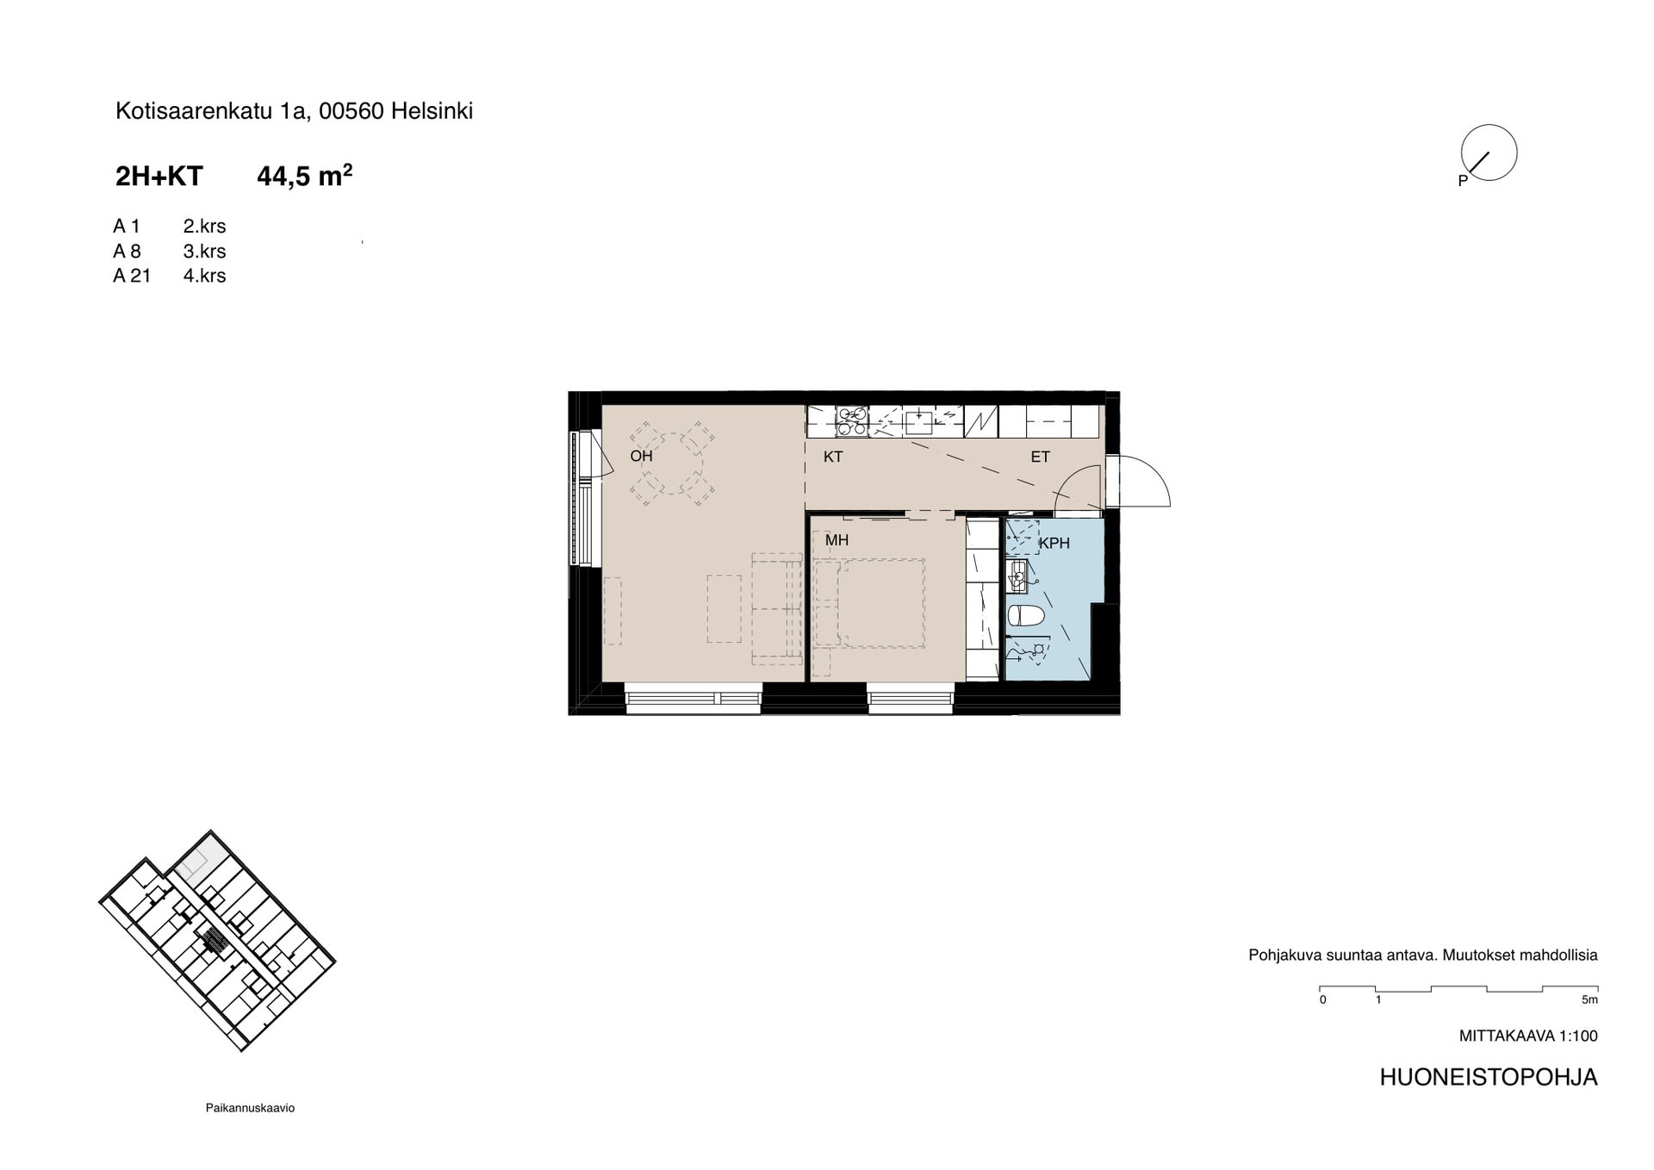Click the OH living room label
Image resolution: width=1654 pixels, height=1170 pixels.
(x=641, y=456)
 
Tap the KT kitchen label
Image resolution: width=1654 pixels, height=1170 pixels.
(x=833, y=457)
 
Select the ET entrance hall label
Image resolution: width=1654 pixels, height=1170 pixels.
(x=1040, y=457)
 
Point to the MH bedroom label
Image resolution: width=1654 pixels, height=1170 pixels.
(x=836, y=540)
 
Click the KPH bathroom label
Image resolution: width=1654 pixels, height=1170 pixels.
(x=1054, y=544)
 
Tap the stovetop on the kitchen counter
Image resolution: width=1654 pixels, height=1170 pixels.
(x=852, y=421)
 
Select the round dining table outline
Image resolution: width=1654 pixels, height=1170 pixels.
(x=670, y=464)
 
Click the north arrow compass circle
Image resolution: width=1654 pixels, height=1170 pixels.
(x=1489, y=152)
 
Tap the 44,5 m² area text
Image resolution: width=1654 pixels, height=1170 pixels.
(x=305, y=176)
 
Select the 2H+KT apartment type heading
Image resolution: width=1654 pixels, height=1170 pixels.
(x=159, y=177)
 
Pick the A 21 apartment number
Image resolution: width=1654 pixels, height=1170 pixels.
(x=132, y=276)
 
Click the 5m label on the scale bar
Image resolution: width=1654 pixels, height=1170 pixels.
(x=1589, y=1000)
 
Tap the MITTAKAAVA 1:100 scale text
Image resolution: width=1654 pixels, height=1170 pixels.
(x=1528, y=1036)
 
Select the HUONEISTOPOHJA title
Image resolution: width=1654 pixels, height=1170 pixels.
(x=1489, y=1078)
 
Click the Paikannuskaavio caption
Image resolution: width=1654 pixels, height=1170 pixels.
(x=250, y=1108)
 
